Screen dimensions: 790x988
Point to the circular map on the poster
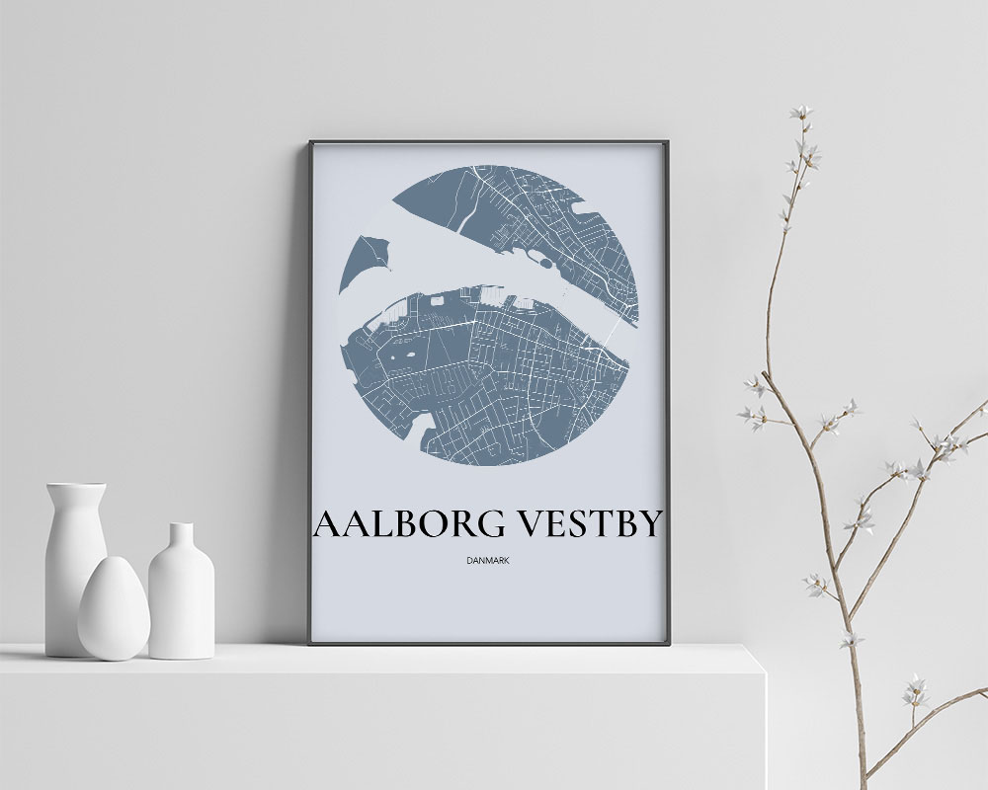click(488, 326)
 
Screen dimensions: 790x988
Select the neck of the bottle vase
click(182, 538)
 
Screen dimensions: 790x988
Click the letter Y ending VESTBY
click(647, 524)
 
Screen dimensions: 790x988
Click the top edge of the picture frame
click(488, 142)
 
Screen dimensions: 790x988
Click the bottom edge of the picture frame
click(488, 643)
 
